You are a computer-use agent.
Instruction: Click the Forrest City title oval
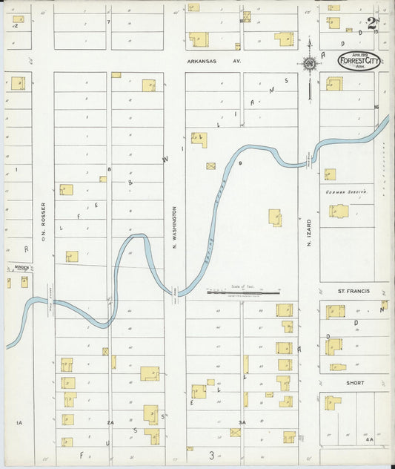359,61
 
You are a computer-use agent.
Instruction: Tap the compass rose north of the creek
308,63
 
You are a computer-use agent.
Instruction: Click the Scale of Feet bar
243,292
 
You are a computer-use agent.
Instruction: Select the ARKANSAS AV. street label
214,62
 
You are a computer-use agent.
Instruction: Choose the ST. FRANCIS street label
353,292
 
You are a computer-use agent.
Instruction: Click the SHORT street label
354,383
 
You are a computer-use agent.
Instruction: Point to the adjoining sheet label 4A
369,440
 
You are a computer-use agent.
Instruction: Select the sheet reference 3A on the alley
242,422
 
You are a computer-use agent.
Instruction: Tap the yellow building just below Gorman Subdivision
339,211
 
